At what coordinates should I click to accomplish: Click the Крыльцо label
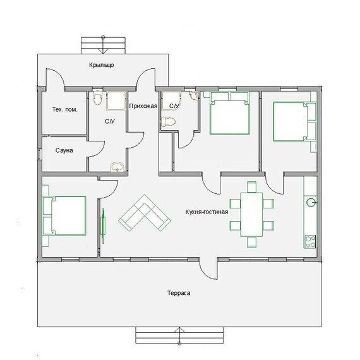[x=102, y=65]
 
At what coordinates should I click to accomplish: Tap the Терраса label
[x=179, y=293]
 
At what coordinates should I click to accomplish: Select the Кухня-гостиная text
[x=207, y=212]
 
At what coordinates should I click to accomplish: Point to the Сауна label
[x=64, y=150]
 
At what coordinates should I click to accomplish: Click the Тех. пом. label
[x=65, y=109]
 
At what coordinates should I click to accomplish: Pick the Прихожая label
[x=143, y=106]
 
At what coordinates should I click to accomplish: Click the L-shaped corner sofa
[x=145, y=213]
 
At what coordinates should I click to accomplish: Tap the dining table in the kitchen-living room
[x=251, y=215]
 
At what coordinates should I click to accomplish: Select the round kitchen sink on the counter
[x=311, y=202]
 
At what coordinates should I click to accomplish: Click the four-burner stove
[x=310, y=242]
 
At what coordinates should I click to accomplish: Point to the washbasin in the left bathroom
[x=117, y=167]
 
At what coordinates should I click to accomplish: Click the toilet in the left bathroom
[x=98, y=97]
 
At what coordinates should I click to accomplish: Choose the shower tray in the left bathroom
[x=116, y=101]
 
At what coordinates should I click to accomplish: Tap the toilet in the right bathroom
[x=168, y=121]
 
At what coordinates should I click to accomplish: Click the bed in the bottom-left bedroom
[x=64, y=216]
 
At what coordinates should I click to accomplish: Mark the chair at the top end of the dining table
[x=252, y=187]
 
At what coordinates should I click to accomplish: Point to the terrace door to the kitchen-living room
[x=207, y=269]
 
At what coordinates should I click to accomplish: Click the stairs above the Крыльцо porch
[x=103, y=45]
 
